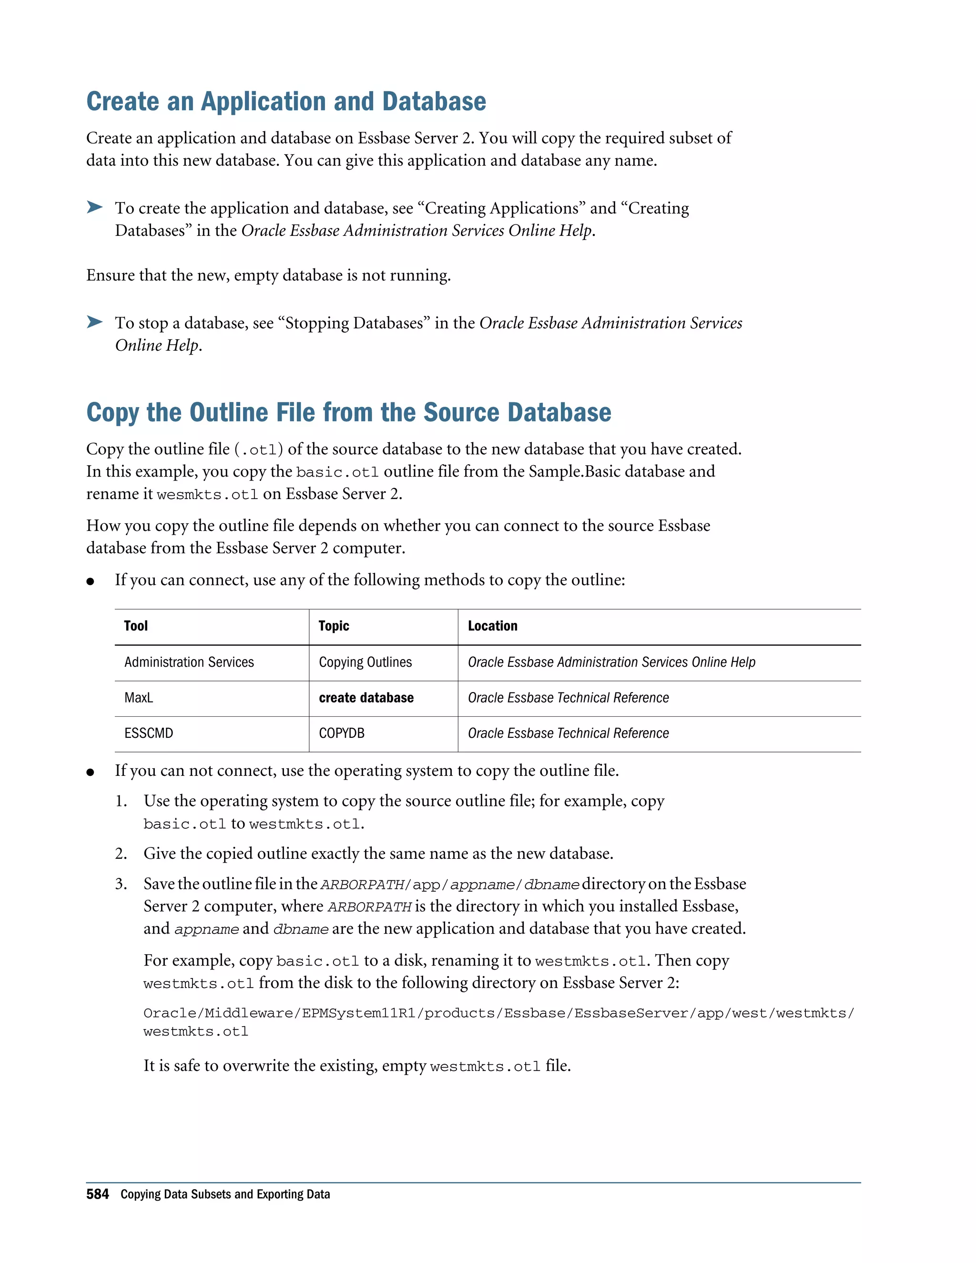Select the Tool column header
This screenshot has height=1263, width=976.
click(136, 626)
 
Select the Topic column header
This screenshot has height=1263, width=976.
click(334, 626)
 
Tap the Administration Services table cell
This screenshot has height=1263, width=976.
click(189, 662)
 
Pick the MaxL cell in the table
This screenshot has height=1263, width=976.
click(139, 698)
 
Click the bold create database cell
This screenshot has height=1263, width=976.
click(366, 698)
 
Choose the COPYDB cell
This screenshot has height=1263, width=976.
click(342, 733)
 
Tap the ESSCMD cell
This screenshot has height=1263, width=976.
click(149, 733)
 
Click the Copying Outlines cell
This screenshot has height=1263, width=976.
click(365, 662)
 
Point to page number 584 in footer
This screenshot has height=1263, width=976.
click(97, 1195)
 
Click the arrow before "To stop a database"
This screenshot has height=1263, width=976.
click(94, 322)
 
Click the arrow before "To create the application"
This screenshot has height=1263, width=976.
click(94, 207)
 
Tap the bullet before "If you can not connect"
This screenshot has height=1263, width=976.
click(90, 772)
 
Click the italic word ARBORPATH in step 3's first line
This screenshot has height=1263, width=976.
click(363, 885)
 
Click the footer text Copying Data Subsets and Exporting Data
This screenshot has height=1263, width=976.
click(225, 1195)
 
